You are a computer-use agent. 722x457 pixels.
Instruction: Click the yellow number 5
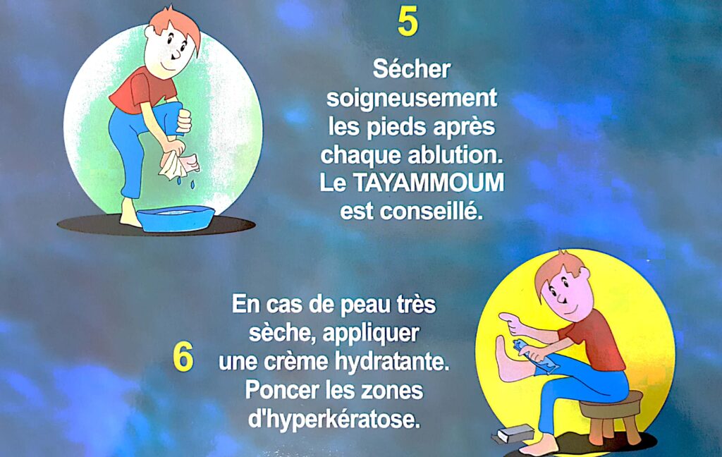(x=408, y=23)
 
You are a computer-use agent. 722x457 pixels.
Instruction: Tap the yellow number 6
(x=183, y=358)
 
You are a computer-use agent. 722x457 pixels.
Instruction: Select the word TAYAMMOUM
(x=429, y=183)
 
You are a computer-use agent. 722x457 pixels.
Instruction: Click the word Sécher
(x=412, y=69)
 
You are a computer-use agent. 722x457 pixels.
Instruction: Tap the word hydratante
(x=392, y=362)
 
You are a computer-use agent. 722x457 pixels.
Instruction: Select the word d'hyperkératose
(x=334, y=419)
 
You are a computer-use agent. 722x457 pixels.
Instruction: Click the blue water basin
(x=176, y=218)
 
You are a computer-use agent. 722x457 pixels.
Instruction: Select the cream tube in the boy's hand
(x=537, y=355)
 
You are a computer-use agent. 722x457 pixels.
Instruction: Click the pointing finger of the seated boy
(x=506, y=317)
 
